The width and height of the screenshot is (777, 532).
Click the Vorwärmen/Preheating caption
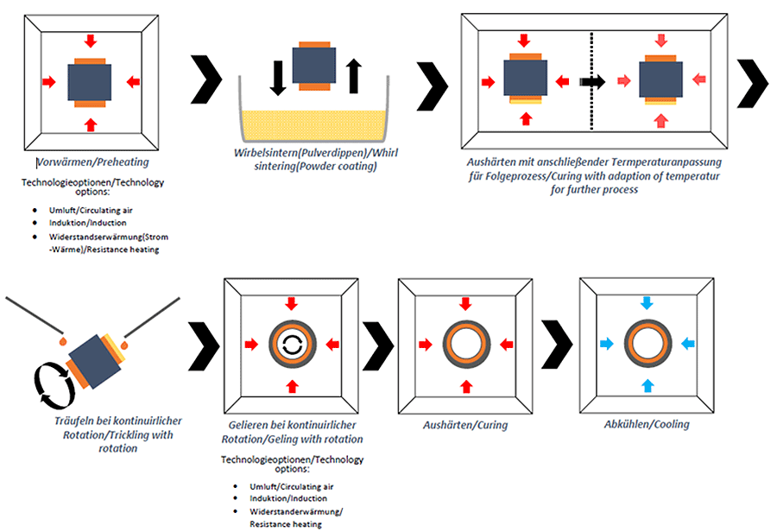coord(89,161)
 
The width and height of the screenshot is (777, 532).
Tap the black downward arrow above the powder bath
coord(278,77)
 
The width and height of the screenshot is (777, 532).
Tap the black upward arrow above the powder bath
coord(353,76)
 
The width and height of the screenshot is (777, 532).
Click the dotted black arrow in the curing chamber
coord(593,82)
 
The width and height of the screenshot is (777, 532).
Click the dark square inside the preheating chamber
coord(89,82)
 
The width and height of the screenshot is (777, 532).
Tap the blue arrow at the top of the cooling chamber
coord(646,303)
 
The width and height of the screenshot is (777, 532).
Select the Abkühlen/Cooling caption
coord(647,424)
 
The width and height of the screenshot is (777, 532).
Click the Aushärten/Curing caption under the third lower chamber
coord(465,425)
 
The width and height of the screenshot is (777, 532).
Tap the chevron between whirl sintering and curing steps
coord(432,83)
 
